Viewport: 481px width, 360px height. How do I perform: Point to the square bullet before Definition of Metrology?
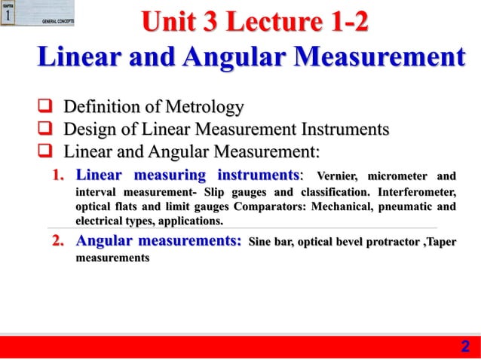click(47, 107)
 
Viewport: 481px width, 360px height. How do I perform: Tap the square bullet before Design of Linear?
click(47, 130)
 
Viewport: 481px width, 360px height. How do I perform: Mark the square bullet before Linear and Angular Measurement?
click(47, 153)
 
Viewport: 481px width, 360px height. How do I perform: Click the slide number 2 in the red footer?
click(464, 346)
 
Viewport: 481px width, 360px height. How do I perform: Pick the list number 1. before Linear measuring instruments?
click(60, 176)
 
